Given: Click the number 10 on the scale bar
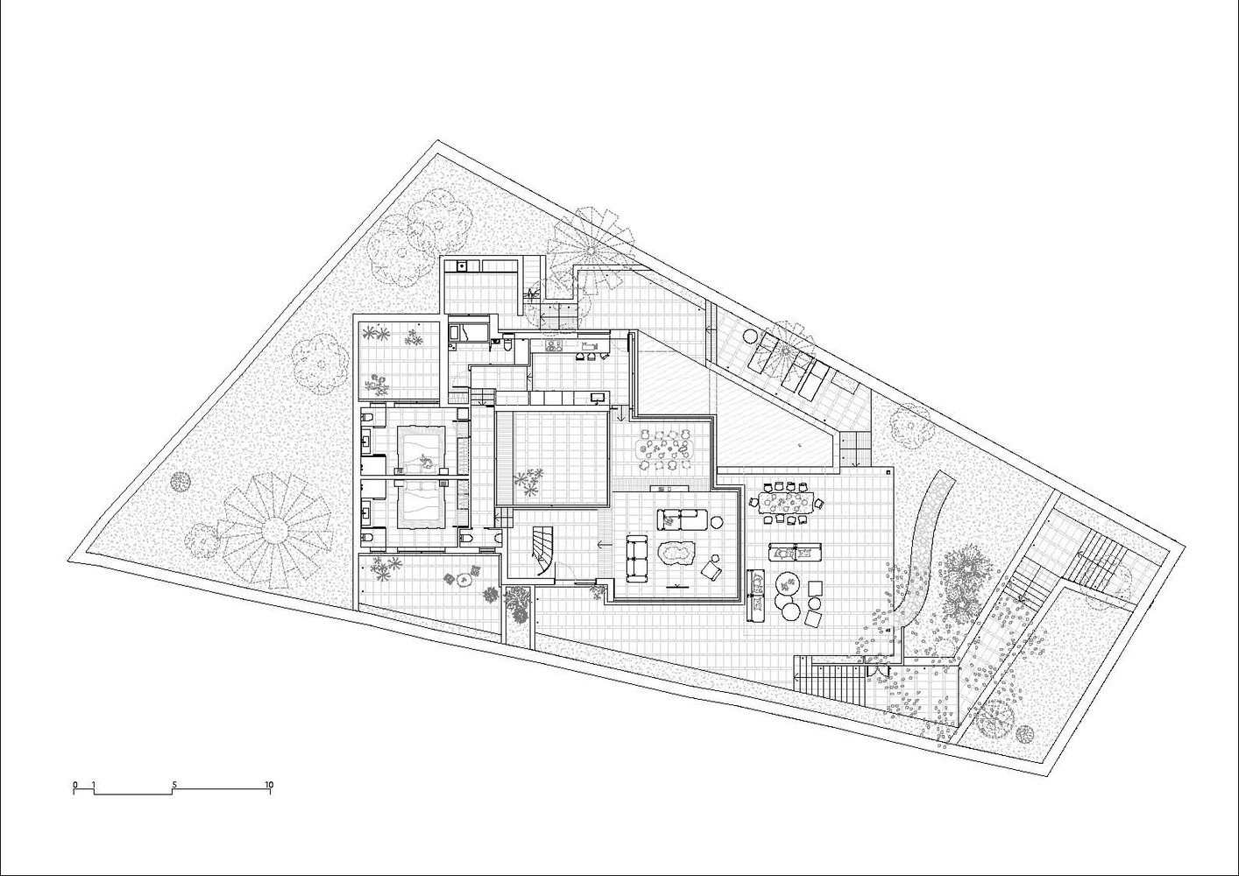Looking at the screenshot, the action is click(x=269, y=784).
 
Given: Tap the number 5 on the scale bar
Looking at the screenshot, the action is click(x=174, y=784).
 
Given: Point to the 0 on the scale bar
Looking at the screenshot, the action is click(x=74, y=784).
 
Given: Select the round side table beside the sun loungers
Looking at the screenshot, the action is click(x=750, y=336).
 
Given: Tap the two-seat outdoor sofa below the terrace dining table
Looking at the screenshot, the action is click(x=795, y=552).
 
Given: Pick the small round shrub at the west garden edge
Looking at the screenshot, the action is click(x=180, y=482).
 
